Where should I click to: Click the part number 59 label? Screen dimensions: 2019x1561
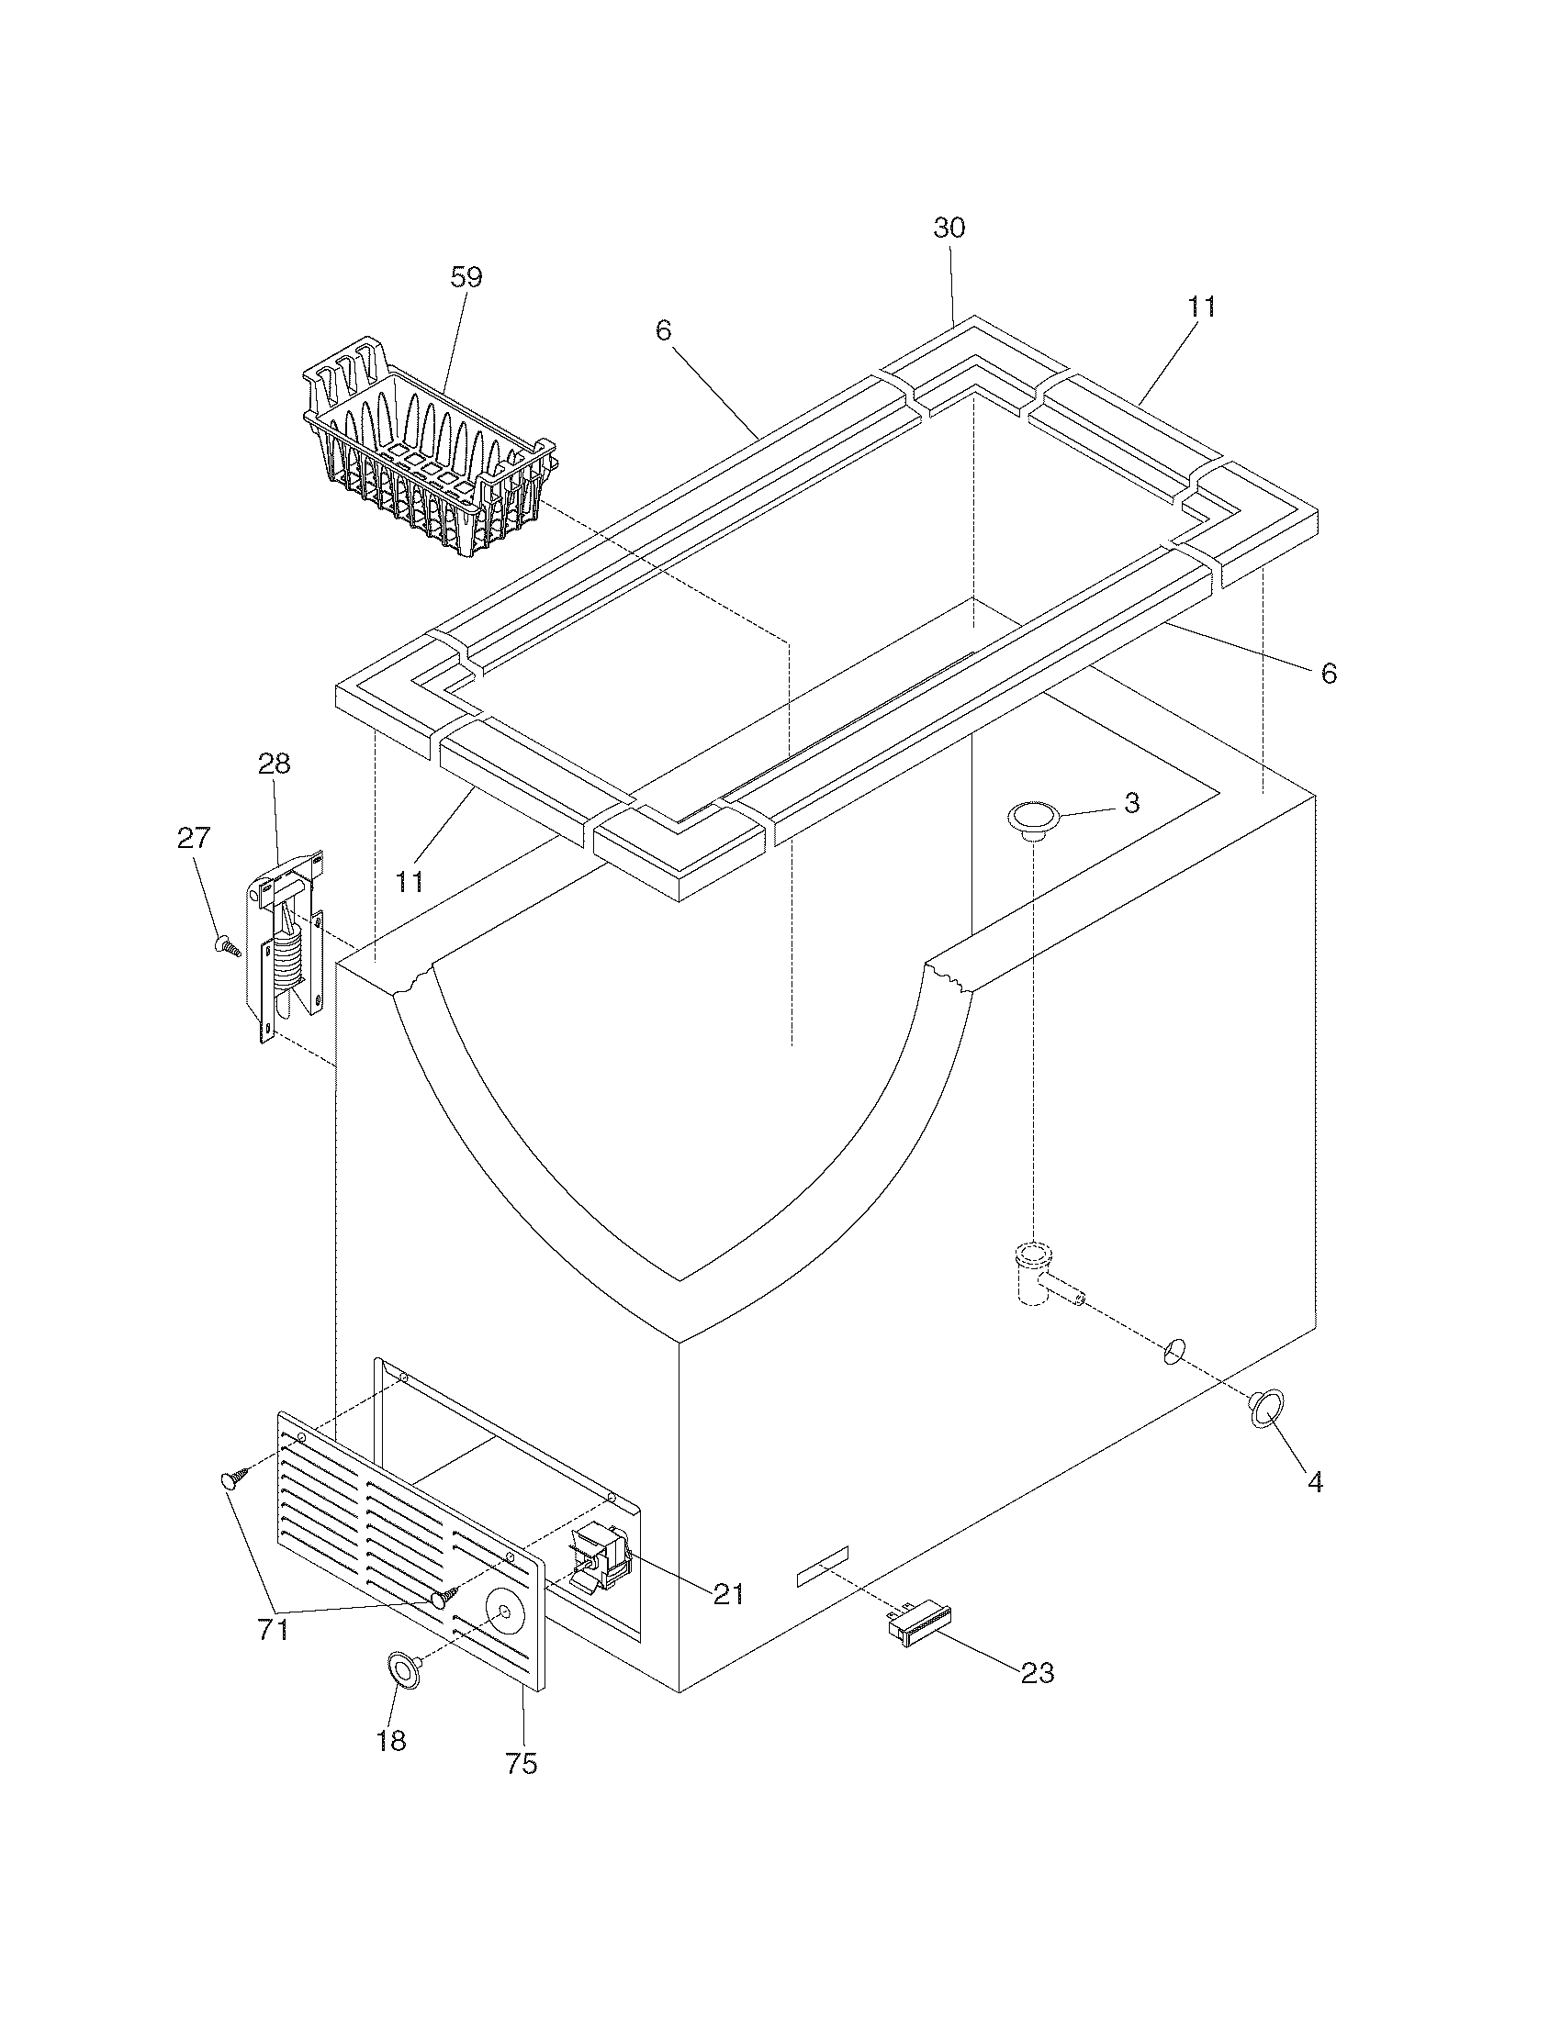point(466,277)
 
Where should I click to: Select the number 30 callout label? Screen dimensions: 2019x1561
point(949,229)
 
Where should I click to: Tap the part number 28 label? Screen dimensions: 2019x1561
point(275,764)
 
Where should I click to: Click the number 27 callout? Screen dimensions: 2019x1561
point(193,838)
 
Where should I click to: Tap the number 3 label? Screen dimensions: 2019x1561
point(1131,802)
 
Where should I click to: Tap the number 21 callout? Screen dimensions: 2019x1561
point(728,1594)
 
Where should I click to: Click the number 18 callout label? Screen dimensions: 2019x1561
point(391,1742)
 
